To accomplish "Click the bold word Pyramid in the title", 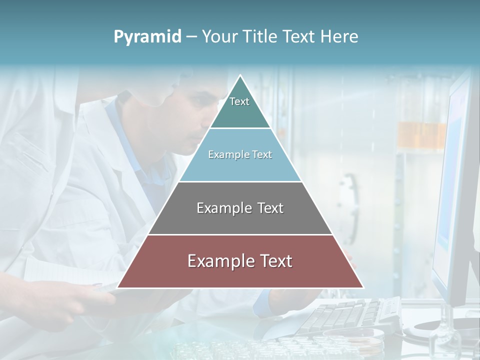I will pos(147,37).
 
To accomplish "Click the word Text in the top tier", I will pos(239,101).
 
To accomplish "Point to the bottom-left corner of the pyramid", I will pos(118,287).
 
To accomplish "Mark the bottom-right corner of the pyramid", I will pos(362,287).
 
